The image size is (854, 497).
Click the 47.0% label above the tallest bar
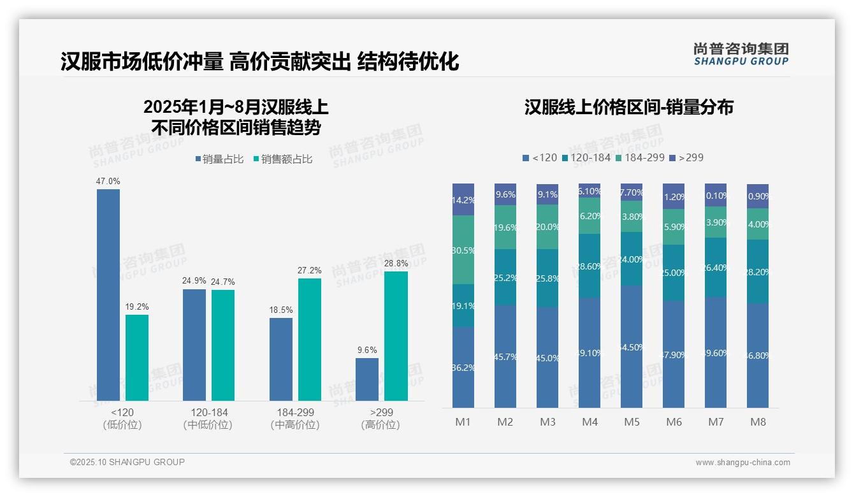[108, 182]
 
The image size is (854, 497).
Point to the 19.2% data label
[136, 307]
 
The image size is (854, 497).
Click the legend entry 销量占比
[219, 159]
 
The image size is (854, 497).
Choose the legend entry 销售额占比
[282, 159]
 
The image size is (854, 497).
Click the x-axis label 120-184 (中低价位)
[208, 419]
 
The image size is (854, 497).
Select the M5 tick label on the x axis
[632, 422]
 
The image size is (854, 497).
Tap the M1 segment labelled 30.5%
[463, 250]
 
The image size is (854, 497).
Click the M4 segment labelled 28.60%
[590, 266]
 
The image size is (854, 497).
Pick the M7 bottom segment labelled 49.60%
[716, 352]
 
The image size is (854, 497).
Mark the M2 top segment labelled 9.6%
[505, 194]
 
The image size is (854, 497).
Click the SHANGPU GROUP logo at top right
[741, 54]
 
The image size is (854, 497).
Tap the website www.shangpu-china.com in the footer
[742, 463]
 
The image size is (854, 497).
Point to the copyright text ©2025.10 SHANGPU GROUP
[127, 462]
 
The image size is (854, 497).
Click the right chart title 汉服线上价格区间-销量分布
[628, 107]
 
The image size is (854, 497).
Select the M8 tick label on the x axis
[758, 422]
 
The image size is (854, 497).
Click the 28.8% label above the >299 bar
[396, 263]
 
